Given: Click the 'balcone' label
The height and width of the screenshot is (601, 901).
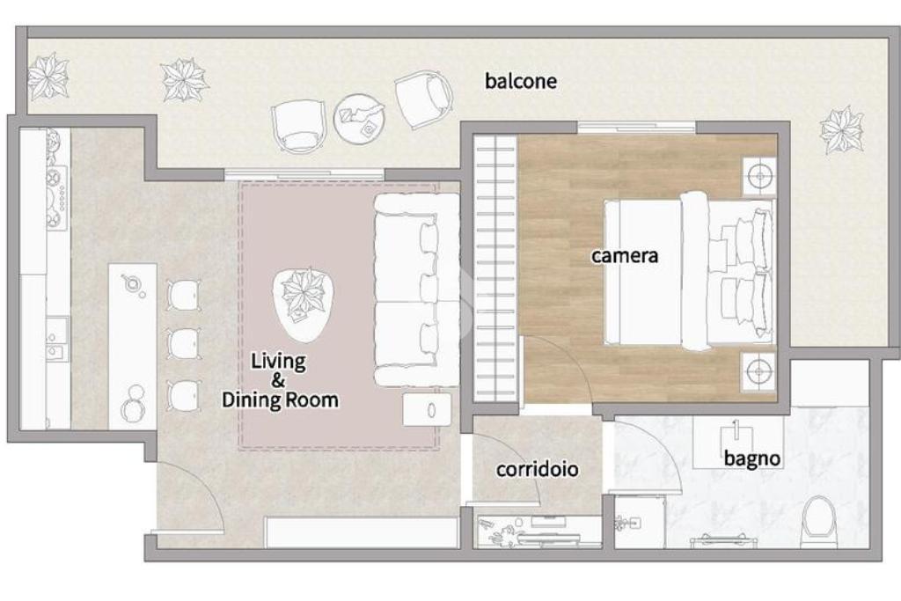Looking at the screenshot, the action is (521, 81).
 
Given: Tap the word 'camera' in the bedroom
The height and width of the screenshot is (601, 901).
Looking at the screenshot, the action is (625, 255).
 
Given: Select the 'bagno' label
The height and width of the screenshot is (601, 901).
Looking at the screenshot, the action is (751, 458).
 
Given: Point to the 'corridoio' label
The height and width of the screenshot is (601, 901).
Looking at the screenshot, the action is (538, 469).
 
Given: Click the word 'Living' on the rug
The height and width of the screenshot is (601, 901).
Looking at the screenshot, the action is (278, 362).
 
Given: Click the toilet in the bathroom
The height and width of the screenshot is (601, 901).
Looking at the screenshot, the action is (818, 522).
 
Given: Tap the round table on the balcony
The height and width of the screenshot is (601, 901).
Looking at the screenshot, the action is (360, 120).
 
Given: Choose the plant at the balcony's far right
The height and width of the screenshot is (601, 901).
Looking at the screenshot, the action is (841, 130).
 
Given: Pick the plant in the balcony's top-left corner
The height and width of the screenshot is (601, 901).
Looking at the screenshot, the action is (48, 76).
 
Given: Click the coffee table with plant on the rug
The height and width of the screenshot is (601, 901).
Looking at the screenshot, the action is (304, 304).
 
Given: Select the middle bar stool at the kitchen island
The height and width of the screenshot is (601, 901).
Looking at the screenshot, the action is (184, 343).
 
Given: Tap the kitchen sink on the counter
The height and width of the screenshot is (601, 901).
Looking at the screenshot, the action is (57, 338).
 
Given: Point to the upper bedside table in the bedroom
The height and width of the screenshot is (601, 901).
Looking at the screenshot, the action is (759, 175).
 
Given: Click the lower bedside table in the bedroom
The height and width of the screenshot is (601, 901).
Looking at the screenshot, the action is (758, 371).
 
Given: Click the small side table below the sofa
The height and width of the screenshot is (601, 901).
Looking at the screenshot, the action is (427, 410).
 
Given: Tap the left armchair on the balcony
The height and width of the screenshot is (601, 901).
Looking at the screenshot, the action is (298, 127).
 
